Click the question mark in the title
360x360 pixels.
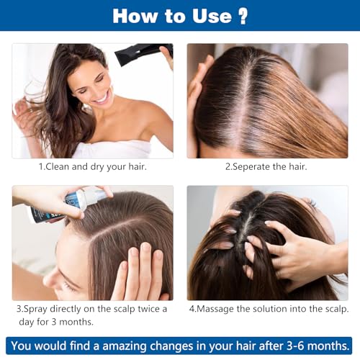coord(243,16)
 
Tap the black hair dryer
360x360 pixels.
coord(142,53)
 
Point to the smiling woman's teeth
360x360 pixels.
coord(104,98)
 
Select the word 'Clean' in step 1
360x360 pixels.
coord(57,166)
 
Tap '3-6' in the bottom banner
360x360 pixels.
coord(296,346)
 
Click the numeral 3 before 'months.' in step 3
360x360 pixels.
coord(54,322)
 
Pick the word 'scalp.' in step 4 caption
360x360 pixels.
coord(337,309)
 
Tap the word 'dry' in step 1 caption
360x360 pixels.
coord(97,166)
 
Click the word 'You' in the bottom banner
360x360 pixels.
coord(22,346)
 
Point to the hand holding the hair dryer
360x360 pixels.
coord(167,57)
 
